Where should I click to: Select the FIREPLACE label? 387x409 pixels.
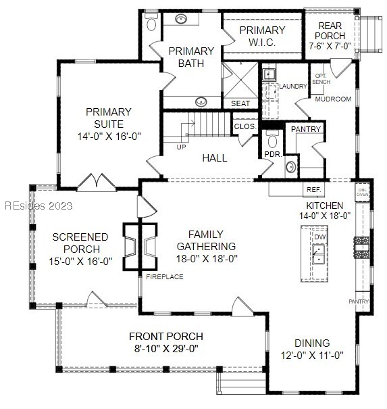point(165,277)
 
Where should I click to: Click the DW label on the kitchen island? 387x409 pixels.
point(319,237)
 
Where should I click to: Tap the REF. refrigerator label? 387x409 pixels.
point(313,190)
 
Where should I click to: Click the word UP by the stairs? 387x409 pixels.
point(181,147)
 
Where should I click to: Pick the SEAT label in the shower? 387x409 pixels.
point(240,104)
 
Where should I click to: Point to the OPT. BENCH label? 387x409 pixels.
point(321,79)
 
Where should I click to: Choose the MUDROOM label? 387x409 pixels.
point(334,99)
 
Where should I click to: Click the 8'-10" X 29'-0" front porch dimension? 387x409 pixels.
point(165,349)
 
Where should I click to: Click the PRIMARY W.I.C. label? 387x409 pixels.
point(263,35)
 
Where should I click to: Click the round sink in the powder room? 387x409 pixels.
point(292,166)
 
